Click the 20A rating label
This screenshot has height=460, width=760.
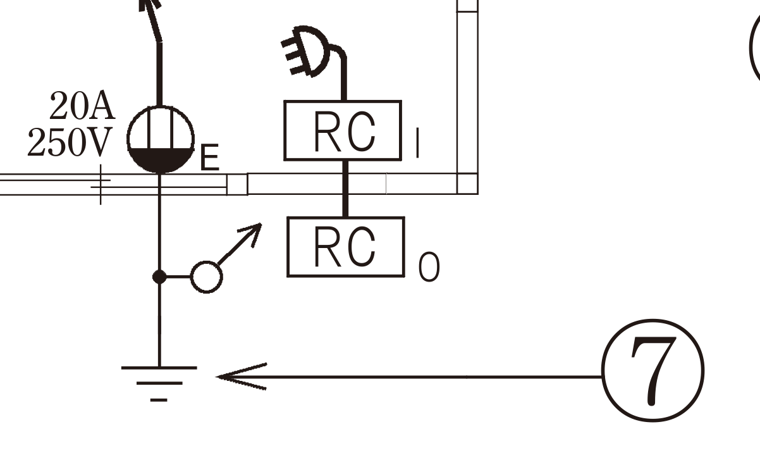click(82, 106)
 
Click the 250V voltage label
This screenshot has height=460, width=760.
click(70, 142)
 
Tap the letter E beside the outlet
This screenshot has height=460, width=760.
click(210, 157)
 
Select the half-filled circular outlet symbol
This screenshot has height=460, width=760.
click(161, 140)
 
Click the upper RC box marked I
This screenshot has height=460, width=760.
click(343, 130)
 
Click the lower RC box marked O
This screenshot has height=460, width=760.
click(346, 247)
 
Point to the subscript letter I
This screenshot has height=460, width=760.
click(418, 142)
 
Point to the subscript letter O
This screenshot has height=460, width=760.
click(429, 267)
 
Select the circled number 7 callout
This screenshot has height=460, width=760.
click(653, 370)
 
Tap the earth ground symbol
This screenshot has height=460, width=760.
click(159, 383)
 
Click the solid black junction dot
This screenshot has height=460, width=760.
click(159, 277)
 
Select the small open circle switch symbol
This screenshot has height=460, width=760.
click(207, 277)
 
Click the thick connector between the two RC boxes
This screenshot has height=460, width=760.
click(345, 189)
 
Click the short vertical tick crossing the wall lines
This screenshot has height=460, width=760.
click(101, 185)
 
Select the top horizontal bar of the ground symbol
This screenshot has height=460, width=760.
click(159, 368)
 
